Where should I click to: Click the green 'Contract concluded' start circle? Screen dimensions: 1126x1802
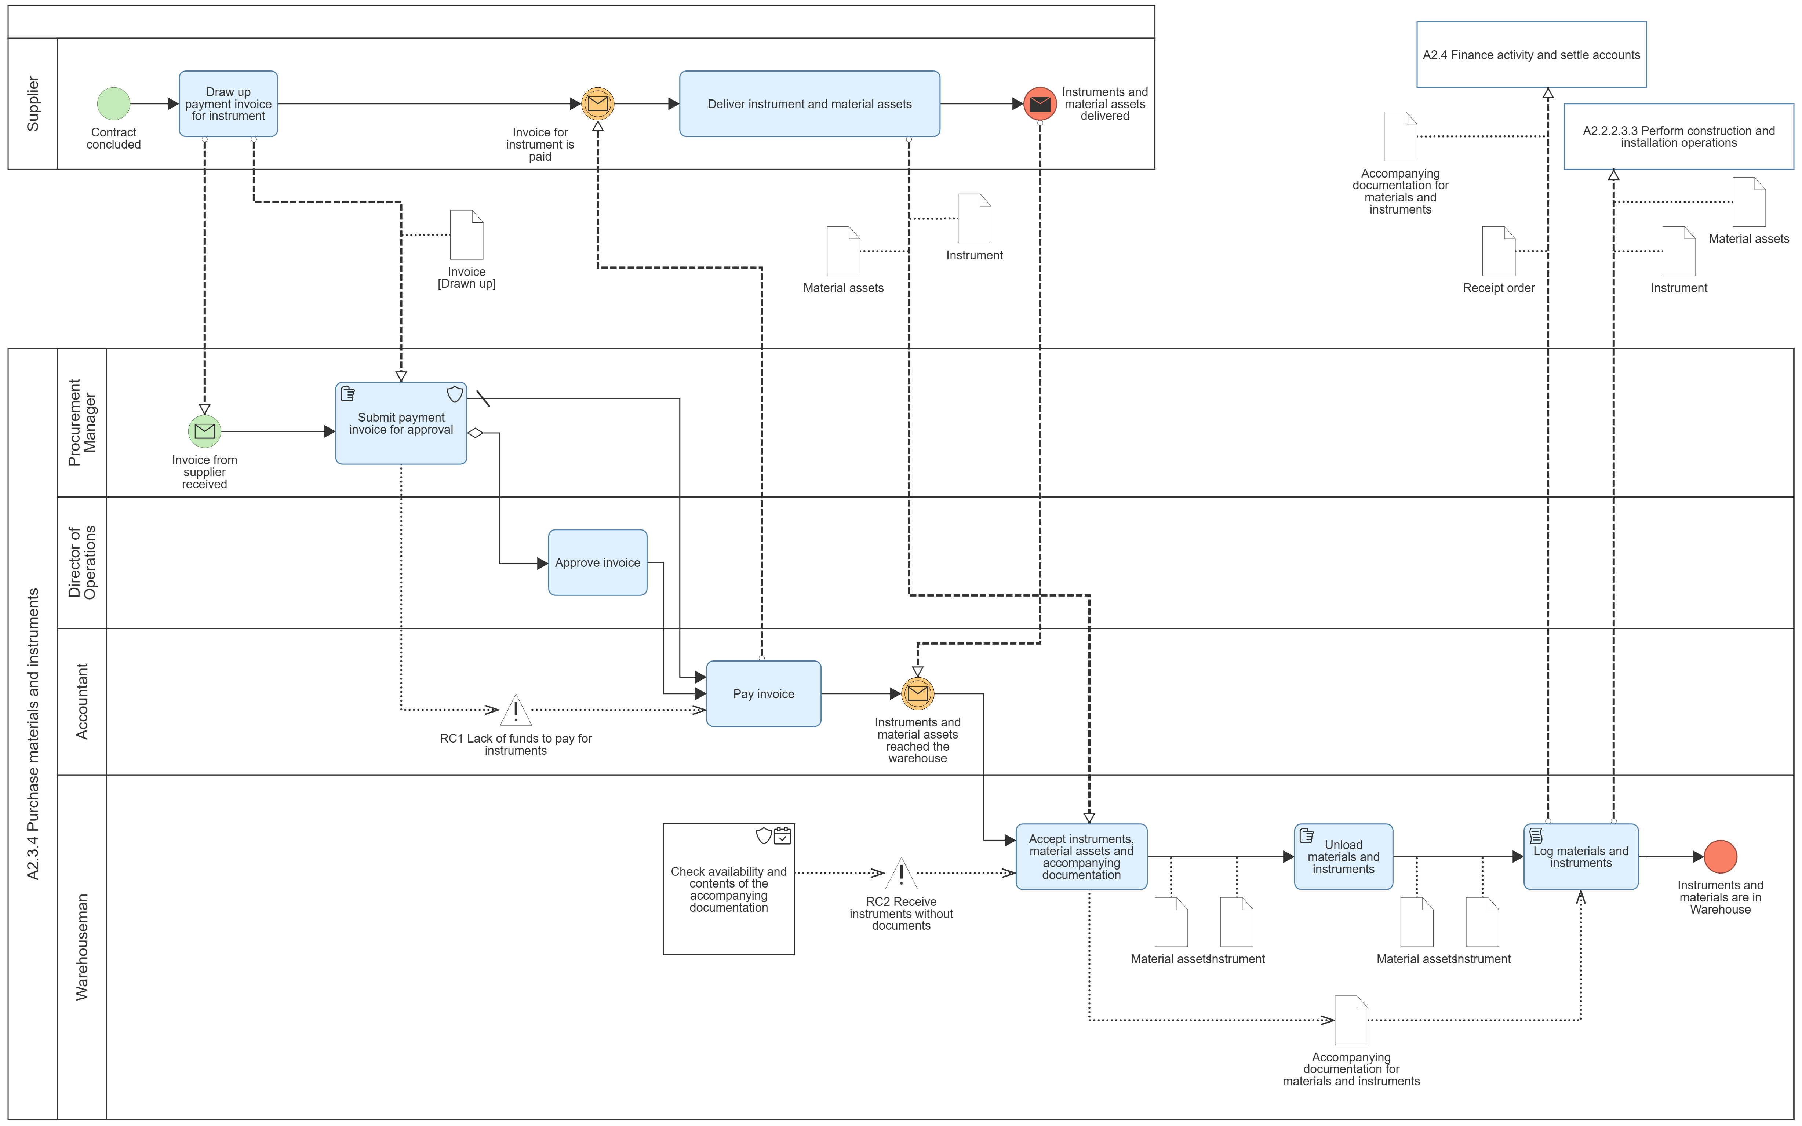(113, 103)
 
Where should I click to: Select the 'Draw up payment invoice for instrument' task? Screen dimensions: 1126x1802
(228, 103)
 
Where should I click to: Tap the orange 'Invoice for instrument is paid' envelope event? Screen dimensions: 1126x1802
(597, 103)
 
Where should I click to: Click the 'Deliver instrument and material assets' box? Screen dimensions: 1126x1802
(809, 103)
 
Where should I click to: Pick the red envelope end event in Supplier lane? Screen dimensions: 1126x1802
(1040, 103)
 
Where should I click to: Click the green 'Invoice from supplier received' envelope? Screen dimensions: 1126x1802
(204, 431)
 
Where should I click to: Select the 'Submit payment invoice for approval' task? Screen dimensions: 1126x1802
(401, 423)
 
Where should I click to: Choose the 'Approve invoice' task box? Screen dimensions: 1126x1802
(597, 562)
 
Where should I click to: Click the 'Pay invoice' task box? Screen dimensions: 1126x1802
(763, 693)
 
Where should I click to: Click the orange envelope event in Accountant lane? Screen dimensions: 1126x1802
(917, 693)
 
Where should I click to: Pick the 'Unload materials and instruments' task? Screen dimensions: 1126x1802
(1343, 856)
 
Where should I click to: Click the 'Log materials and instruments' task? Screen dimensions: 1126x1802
(1580, 856)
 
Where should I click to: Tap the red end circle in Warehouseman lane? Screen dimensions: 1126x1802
(1720, 856)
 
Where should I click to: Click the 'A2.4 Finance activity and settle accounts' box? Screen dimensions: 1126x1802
(1531, 54)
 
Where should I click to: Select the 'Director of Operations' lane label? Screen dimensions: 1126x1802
(82, 562)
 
